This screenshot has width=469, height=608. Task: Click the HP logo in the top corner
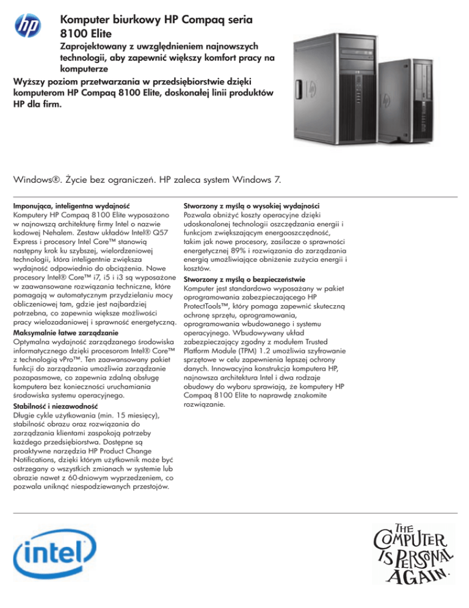(x=27, y=26)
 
